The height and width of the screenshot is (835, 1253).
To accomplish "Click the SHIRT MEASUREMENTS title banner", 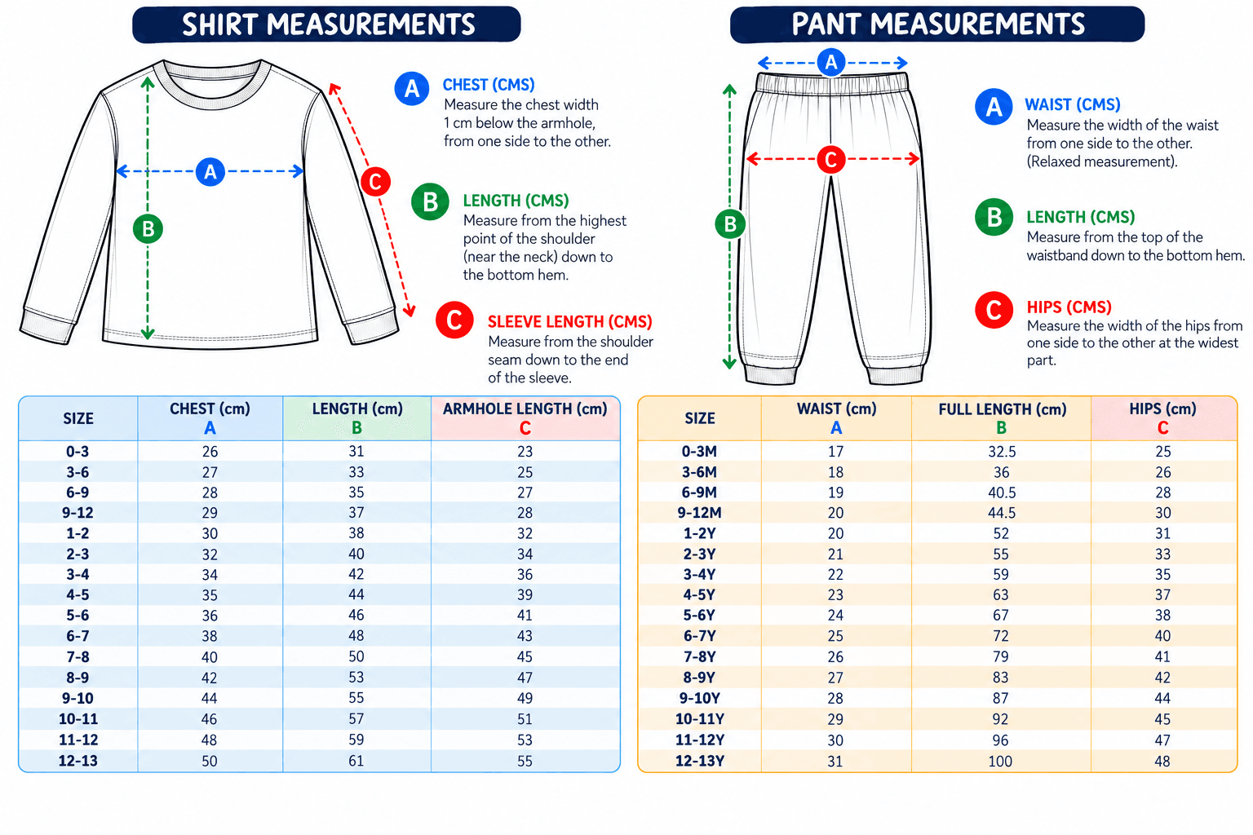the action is point(326,24).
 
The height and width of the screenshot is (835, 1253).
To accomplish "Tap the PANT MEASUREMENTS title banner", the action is point(937,24).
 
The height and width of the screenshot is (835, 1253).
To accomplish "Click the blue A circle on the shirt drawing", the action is point(210,172).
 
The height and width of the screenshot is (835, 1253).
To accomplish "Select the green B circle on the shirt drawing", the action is point(148,229).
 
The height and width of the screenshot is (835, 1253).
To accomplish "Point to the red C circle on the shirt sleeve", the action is point(375,181).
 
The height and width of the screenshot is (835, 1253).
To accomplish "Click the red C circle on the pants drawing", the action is point(831,159).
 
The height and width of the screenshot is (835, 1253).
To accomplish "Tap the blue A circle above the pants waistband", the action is point(831,62).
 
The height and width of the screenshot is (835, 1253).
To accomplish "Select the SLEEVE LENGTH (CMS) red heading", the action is point(570,321).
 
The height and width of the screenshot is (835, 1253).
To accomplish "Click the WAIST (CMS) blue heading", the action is point(1073,104).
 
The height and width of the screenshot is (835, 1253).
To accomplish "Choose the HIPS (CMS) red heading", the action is point(1069,307).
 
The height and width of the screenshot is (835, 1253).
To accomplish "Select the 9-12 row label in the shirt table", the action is point(77,513).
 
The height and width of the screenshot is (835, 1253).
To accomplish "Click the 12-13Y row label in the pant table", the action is point(700,761).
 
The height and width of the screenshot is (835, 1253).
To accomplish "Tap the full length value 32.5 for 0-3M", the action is point(1002,451).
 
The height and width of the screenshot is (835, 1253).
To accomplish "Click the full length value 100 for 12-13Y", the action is point(1000,762).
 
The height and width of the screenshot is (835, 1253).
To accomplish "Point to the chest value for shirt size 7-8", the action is point(210,657).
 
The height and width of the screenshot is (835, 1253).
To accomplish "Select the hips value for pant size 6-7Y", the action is point(1163,636).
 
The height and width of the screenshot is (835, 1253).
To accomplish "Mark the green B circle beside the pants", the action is point(730,224).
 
